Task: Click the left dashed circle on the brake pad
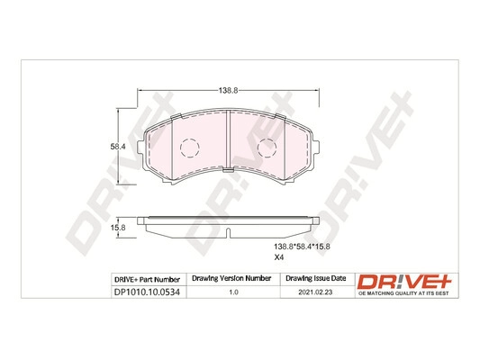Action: (x=187, y=148)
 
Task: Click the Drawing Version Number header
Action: (x=232, y=279)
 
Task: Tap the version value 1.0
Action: (x=232, y=292)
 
